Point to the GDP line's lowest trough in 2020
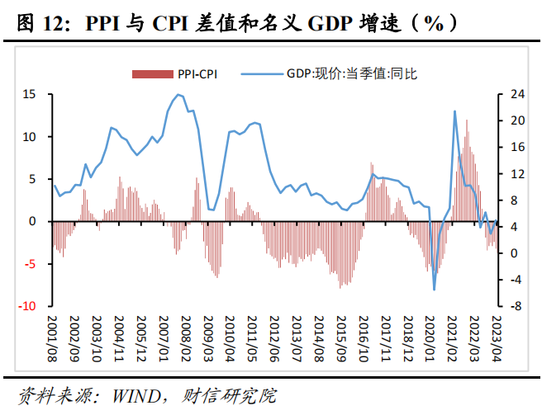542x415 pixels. click(435, 290)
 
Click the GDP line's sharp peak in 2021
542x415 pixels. click(455, 111)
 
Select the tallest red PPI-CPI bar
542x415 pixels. click(467, 120)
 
